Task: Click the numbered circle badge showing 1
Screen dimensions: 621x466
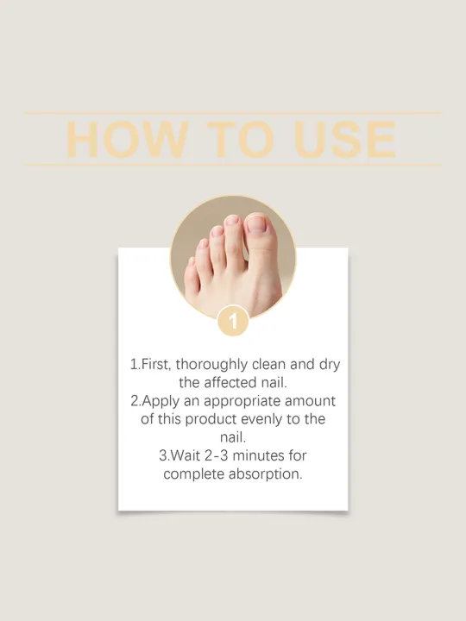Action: coord(233,321)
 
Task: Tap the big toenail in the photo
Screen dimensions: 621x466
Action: coord(257,226)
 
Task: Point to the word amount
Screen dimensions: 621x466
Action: coord(310,401)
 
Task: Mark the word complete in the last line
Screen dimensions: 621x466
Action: coord(195,474)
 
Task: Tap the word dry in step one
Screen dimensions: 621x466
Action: coord(328,365)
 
